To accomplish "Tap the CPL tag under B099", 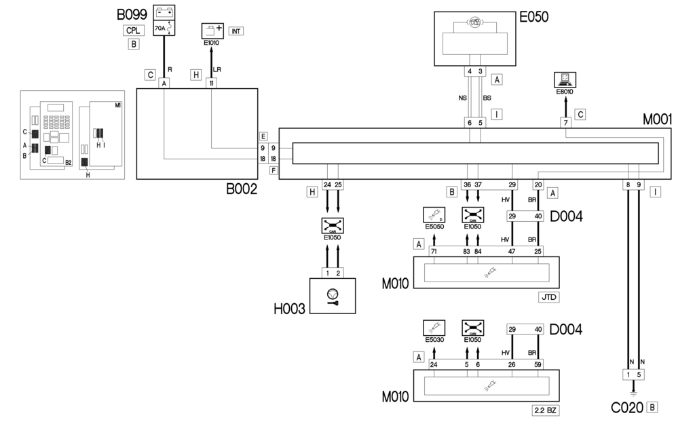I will coord(134,30).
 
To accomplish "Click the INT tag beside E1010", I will coord(236,31).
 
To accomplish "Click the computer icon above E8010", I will coord(565,79).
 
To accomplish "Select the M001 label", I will coord(657,119).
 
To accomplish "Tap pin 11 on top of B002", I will coord(212,83).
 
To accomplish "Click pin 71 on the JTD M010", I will coord(434,252).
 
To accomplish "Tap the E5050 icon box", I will coord(434,216).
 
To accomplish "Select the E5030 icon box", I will coord(434,328).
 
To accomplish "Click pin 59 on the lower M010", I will coord(538,364).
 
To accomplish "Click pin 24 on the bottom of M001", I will coord(328,185).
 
